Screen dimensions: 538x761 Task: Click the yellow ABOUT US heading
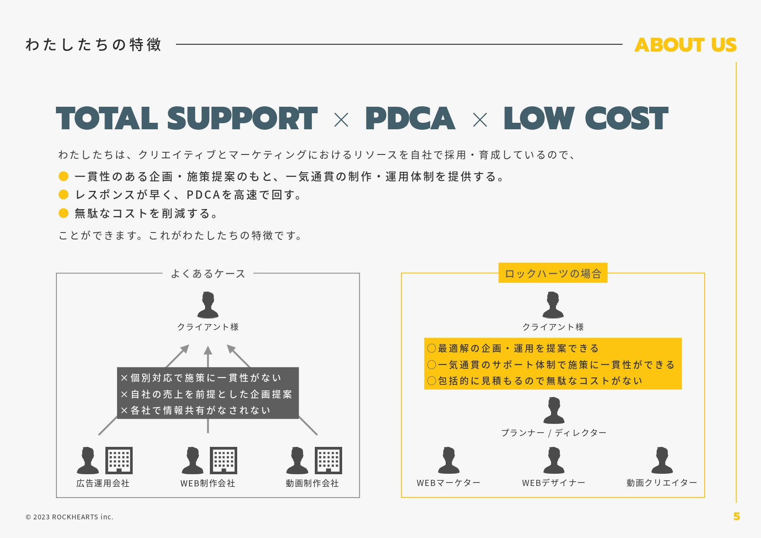tap(685, 45)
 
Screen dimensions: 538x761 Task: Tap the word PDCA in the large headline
tap(410, 118)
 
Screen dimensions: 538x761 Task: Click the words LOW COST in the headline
tap(585, 118)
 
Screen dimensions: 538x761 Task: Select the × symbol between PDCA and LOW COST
tap(480, 120)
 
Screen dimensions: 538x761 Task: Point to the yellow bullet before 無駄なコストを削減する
tap(64, 213)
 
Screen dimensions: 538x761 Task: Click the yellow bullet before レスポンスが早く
tap(64, 194)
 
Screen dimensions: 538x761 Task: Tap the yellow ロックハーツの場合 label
tap(552, 273)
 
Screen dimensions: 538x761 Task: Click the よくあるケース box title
tap(208, 274)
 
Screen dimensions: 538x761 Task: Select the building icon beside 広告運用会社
tap(119, 460)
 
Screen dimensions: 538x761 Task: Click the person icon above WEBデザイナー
tap(554, 460)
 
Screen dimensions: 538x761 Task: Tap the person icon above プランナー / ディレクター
tap(554, 410)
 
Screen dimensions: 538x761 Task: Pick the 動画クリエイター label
tap(661, 483)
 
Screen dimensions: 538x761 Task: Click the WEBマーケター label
tap(448, 483)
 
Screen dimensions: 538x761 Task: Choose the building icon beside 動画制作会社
tap(328, 460)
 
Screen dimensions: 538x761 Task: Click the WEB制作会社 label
tap(208, 483)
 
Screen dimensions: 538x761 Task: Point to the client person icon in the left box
tap(208, 305)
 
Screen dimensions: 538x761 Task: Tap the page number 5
tap(736, 516)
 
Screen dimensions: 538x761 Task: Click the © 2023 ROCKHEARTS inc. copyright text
tap(69, 517)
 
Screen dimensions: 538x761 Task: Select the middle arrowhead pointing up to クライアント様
tap(208, 351)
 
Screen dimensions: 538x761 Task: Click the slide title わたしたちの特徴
tap(93, 45)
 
